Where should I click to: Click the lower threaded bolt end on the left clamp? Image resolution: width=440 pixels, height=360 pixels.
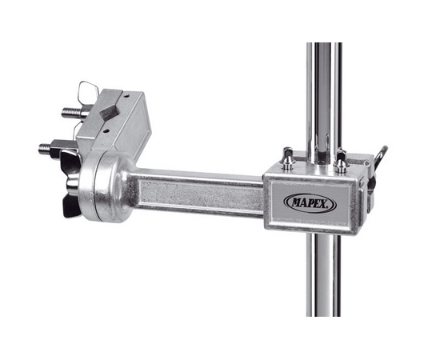tap(44, 148)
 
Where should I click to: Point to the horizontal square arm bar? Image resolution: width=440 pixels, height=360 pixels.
tap(200, 191)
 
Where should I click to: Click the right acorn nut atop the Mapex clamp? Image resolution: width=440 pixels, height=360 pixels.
tap(340, 161)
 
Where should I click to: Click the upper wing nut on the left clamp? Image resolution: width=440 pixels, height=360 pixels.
tap(88, 89)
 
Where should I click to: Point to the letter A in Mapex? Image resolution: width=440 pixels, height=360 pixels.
tap(302, 202)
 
